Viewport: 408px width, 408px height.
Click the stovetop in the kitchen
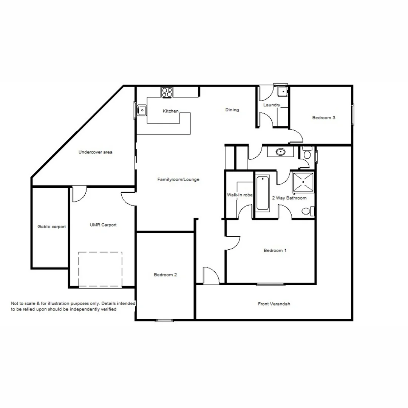point(167,92)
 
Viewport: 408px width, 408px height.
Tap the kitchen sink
point(142,110)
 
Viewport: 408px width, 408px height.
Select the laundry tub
point(282,91)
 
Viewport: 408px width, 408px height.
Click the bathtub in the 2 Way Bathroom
point(263,193)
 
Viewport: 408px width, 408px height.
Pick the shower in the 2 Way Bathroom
point(303,182)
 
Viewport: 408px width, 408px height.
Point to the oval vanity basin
point(280,152)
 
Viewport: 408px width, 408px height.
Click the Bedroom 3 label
point(323,117)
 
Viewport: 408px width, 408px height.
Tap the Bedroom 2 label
point(165,275)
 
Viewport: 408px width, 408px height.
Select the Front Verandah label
point(274,304)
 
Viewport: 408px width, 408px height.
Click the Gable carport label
point(51,227)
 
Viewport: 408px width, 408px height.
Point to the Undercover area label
point(95,152)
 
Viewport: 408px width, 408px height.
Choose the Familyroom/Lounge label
point(178,179)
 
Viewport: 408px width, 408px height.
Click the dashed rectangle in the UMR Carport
point(100,270)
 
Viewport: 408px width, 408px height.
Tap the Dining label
point(232,110)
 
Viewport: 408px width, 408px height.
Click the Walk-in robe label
point(240,195)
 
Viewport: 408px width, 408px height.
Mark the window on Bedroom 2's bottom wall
point(164,321)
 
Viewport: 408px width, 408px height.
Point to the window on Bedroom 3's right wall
point(353,115)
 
